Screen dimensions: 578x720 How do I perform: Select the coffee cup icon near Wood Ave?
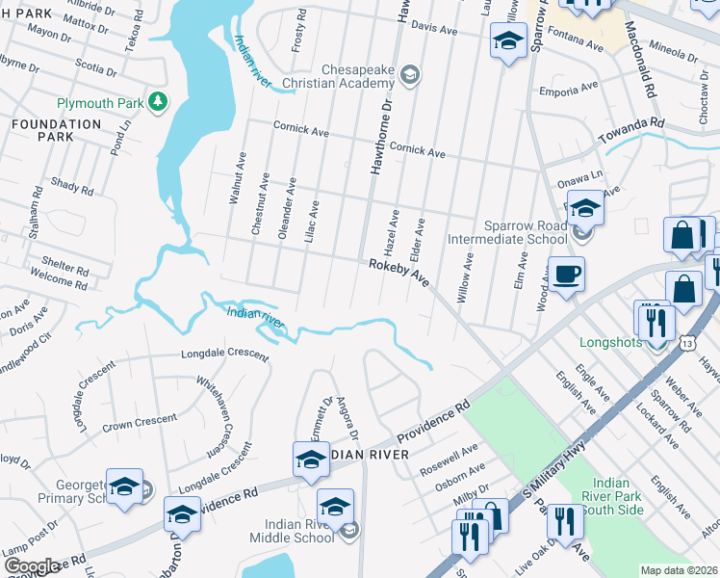pos(566,275)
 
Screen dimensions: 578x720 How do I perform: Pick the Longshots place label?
pos(611,342)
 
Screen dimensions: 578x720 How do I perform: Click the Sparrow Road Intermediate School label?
pos(507,232)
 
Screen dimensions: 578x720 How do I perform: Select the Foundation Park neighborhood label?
pos(42,131)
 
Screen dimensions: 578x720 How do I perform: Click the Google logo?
pos(32,566)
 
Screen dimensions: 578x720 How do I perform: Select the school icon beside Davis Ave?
pos(507,41)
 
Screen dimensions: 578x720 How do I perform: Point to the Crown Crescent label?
pos(140,421)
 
